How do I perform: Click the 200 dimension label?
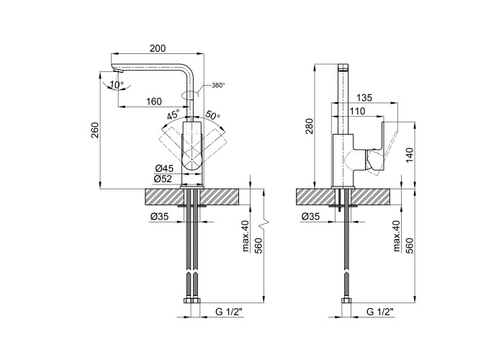point(158,48)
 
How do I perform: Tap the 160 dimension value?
point(154,102)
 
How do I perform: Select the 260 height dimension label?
point(95,130)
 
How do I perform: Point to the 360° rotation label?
point(218,85)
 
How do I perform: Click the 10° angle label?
point(116,85)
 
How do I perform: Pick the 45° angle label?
point(174,115)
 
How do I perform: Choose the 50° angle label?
point(213,114)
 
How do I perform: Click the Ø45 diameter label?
point(164,168)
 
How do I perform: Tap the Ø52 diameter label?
point(163,179)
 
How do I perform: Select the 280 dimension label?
point(309,127)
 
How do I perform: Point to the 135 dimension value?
point(364,97)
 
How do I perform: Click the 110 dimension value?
point(357,111)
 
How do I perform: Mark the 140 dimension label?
point(409,156)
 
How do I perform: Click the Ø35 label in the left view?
point(159,217)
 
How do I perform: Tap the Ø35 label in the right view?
point(310,217)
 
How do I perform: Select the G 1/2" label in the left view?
point(228,312)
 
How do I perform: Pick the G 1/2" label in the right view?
point(380,312)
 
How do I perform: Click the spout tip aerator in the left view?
point(118,71)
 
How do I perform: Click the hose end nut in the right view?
point(346,300)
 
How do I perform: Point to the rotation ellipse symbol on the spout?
point(190,95)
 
